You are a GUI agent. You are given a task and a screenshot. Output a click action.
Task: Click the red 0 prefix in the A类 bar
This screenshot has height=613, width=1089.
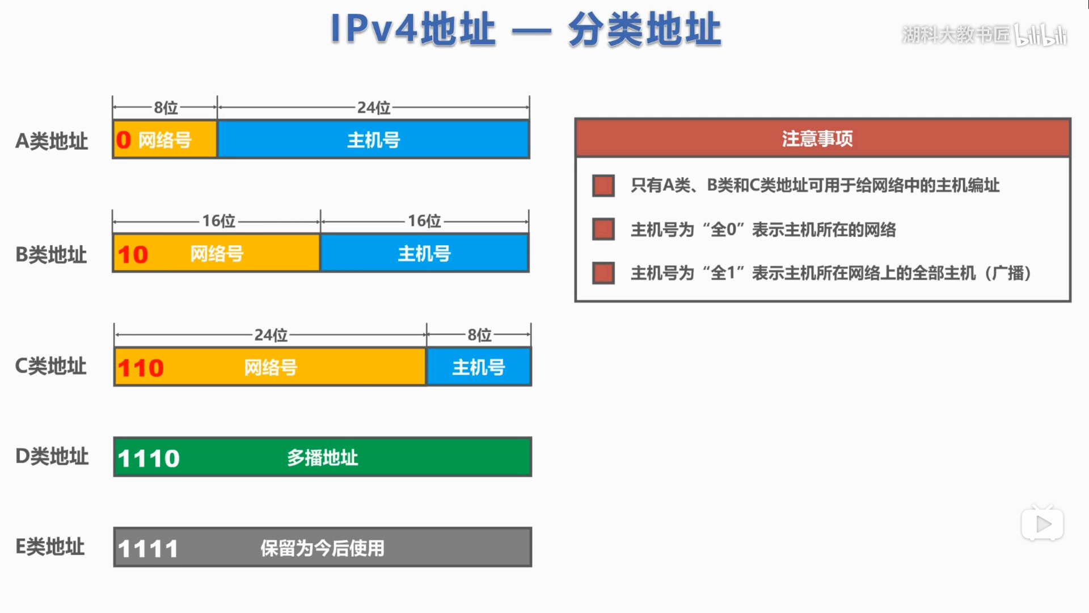pyautogui.click(x=124, y=140)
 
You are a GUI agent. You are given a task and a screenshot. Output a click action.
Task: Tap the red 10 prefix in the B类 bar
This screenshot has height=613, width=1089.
pyautogui.click(x=133, y=254)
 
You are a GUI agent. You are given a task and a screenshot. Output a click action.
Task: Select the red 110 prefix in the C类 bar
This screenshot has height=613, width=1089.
pyautogui.click(x=141, y=368)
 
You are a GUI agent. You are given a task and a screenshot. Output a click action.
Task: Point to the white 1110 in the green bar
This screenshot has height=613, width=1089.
pyautogui.click(x=149, y=458)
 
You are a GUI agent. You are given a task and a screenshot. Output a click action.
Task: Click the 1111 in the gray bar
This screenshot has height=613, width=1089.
pyautogui.click(x=148, y=548)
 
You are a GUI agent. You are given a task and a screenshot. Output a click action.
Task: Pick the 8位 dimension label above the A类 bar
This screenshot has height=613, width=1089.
pyautogui.click(x=166, y=107)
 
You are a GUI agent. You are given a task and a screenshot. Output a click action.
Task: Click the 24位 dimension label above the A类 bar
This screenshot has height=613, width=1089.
pyautogui.click(x=374, y=107)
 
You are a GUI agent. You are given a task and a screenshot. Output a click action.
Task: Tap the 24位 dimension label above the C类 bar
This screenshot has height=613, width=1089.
pyautogui.click(x=271, y=335)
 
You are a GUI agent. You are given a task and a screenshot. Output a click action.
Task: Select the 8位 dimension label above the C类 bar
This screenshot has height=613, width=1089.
pyautogui.click(x=479, y=335)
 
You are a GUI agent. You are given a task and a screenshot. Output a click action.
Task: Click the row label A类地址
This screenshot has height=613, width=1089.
pyautogui.click(x=52, y=141)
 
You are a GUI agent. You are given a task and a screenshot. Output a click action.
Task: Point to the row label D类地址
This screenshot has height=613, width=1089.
pyautogui.click(x=52, y=456)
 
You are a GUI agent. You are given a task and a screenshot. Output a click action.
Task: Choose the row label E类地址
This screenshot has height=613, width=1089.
pyautogui.click(x=50, y=547)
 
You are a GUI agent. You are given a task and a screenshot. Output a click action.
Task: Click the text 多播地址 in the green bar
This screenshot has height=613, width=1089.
pyautogui.click(x=322, y=457)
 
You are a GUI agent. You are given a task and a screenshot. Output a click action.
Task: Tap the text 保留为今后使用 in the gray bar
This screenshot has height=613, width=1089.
pyautogui.click(x=322, y=548)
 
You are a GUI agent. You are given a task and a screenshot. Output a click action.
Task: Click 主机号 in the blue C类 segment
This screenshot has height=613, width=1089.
pyautogui.click(x=479, y=367)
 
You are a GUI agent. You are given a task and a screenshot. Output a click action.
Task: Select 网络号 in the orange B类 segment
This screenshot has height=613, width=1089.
pyautogui.click(x=217, y=254)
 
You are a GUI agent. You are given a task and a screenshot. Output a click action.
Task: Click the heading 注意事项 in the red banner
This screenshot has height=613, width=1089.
pyautogui.click(x=817, y=138)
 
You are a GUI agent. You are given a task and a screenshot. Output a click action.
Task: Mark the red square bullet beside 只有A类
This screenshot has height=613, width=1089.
pyautogui.click(x=603, y=186)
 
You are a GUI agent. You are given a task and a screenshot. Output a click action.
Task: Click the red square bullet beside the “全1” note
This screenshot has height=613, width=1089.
pyautogui.click(x=603, y=273)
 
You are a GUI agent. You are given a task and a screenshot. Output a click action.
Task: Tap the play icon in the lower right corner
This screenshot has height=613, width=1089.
pyautogui.click(x=1042, y=524)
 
